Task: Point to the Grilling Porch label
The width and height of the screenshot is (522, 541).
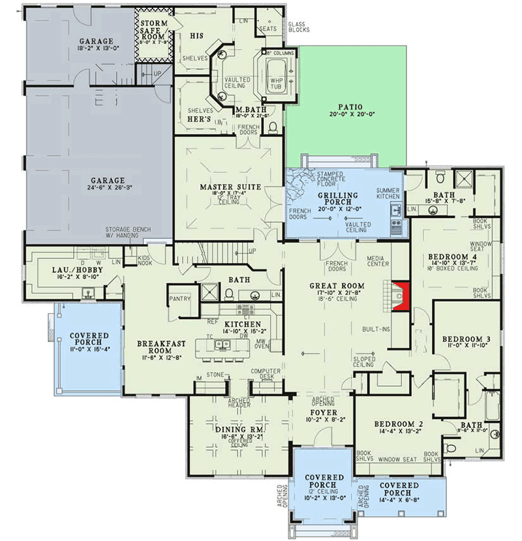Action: click(338, 195)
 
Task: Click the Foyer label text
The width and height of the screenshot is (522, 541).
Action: click(322, 412)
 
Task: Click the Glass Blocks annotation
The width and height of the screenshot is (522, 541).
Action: click(299, 27)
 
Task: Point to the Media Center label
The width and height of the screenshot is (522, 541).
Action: click(378, 260)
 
